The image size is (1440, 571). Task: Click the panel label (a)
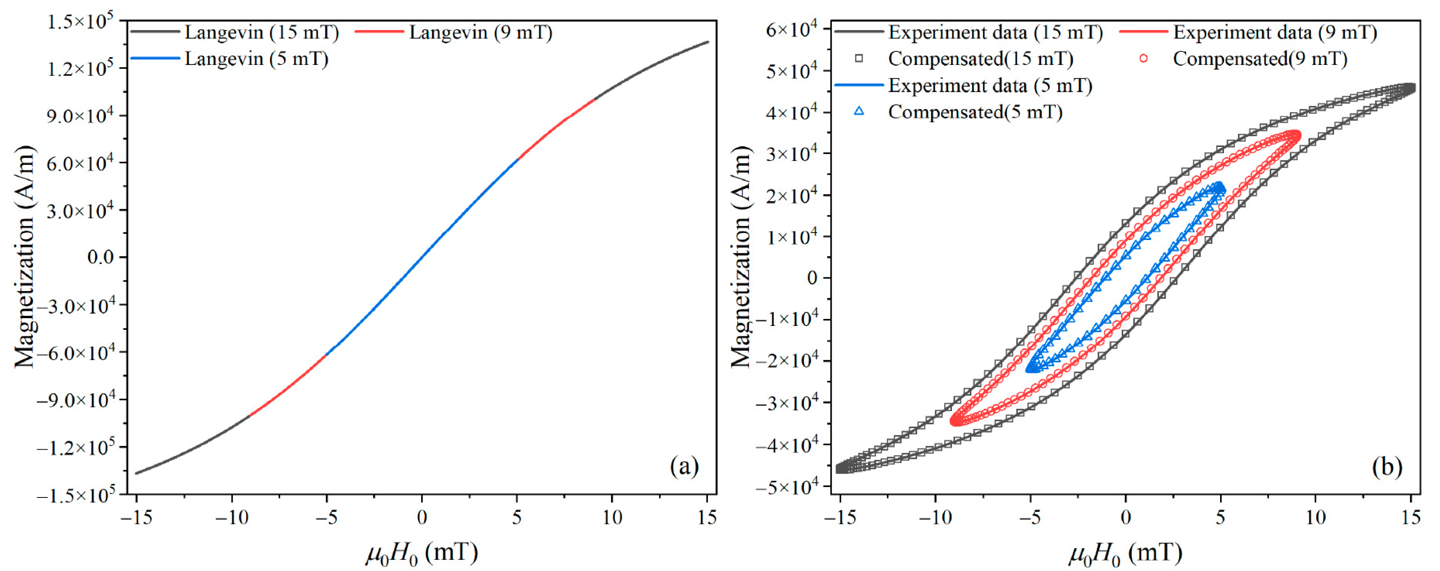pos(684,466)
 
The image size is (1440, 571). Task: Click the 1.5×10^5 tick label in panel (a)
pos(80,22)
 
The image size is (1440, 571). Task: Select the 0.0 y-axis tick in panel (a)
pos(101,257)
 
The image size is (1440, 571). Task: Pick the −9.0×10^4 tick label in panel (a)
pos(76,400)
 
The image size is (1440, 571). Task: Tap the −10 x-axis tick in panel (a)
pos(232,517)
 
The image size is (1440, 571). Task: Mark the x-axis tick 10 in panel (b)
pos(1315,517)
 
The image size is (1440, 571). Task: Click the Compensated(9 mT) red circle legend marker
pos(1143,58)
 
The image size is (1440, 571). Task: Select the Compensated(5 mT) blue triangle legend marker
pos(859,111)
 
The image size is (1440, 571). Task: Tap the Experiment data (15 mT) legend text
pos(995,32)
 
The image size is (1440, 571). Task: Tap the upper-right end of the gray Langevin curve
pos(707,42)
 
